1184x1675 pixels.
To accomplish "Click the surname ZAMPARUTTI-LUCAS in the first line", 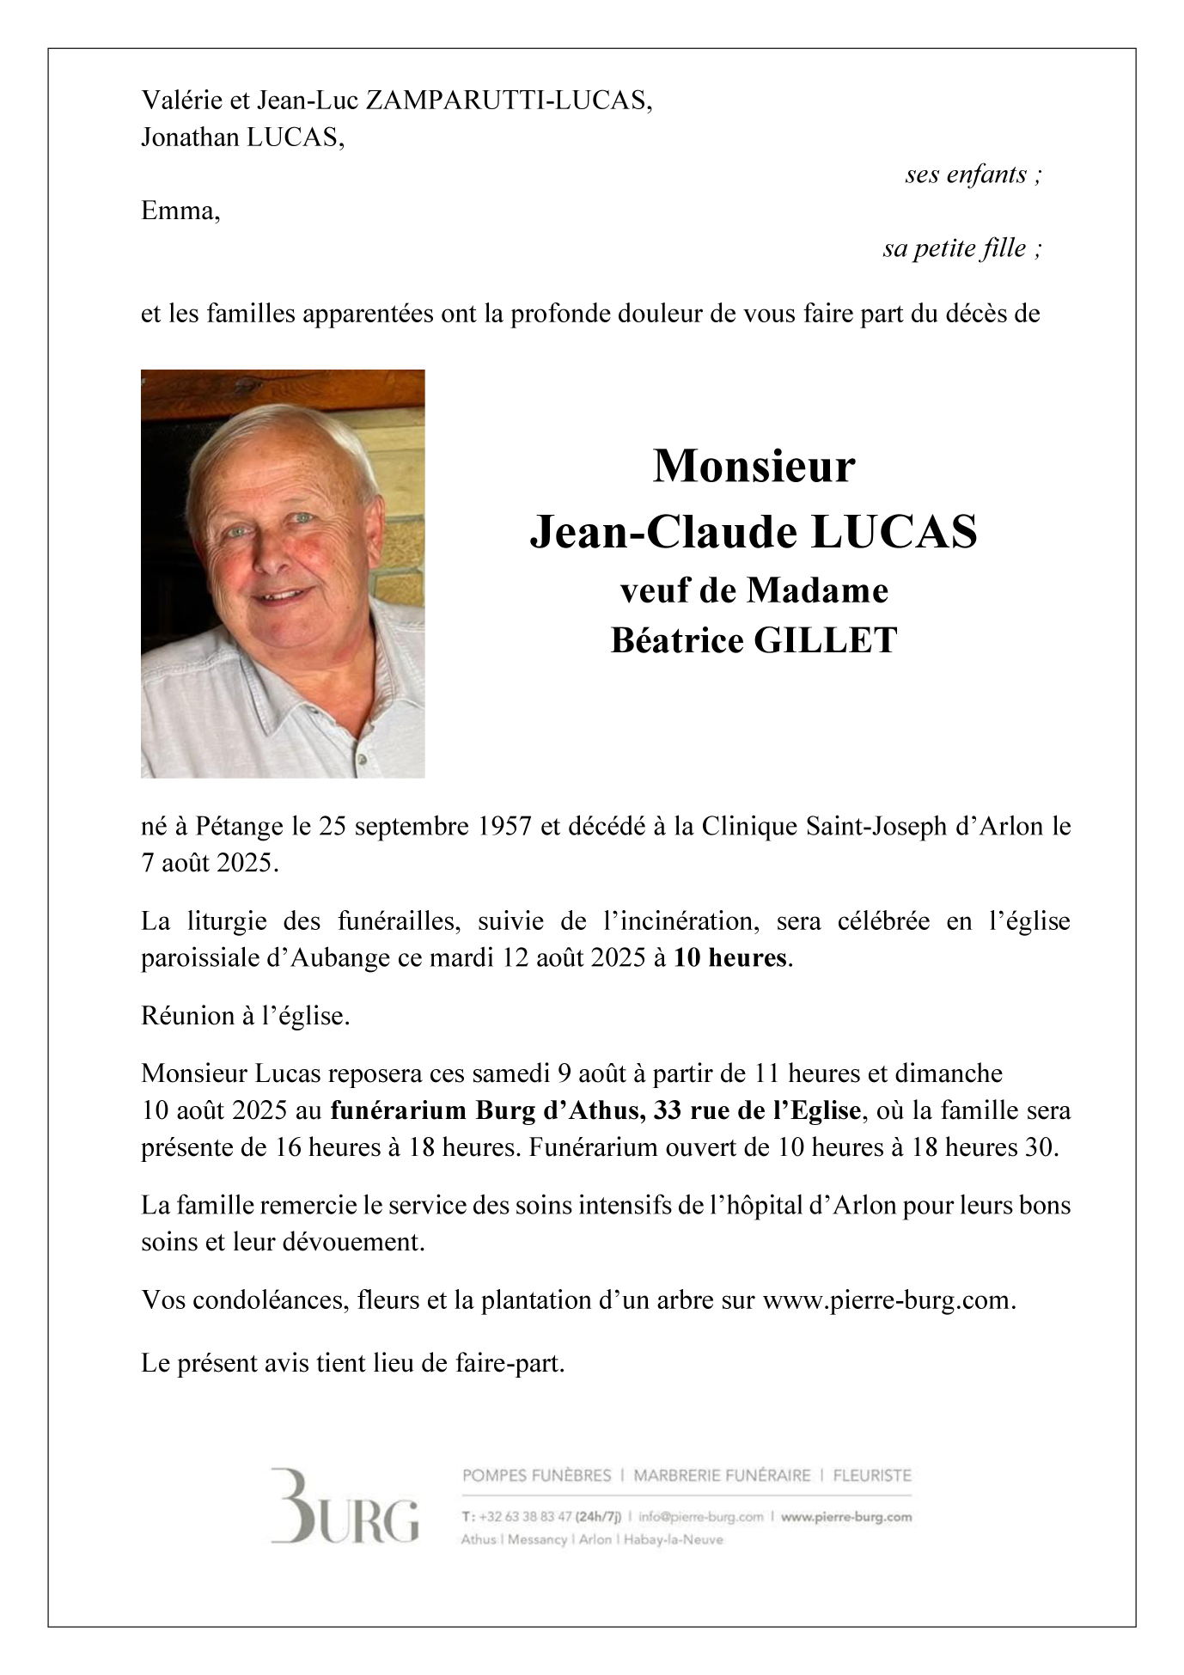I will click(509, 101).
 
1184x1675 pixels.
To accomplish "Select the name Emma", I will click(180, 211).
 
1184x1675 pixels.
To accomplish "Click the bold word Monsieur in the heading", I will click(754, 467).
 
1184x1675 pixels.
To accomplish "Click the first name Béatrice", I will click(678, 640).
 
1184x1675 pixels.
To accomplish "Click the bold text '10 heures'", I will click(729, 958).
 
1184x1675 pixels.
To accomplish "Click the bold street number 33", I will click(668, 1111).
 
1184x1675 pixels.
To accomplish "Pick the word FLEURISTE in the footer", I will click(872, 1476).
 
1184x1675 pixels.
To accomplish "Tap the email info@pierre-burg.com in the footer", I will click(701, 1518).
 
